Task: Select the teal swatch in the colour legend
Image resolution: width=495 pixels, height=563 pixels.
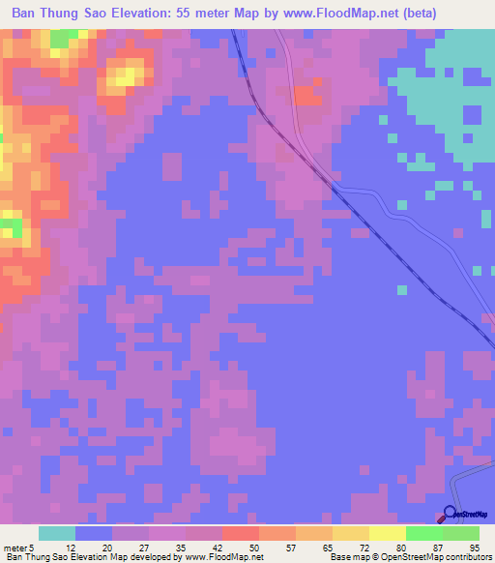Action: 57,533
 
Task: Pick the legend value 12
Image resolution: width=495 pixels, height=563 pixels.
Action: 70,547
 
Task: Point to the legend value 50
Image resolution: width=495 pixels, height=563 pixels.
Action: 253,547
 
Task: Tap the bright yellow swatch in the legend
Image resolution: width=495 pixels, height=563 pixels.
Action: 387,533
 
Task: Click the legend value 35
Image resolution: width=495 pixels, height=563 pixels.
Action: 180,547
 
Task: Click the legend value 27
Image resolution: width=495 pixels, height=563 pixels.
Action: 143,547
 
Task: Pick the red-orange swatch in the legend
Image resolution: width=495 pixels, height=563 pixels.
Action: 240,533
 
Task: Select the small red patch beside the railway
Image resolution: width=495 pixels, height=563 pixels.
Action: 307,96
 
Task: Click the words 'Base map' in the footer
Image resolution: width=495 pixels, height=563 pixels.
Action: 347,557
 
